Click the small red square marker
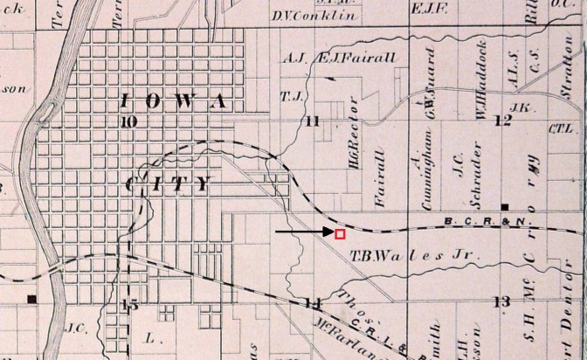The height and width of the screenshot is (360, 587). (340, 233)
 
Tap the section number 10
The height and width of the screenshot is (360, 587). (129, 122)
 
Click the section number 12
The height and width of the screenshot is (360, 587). (502, 121)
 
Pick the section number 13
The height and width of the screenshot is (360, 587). (501, 301)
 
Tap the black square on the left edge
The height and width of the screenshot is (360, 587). (32, 300)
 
